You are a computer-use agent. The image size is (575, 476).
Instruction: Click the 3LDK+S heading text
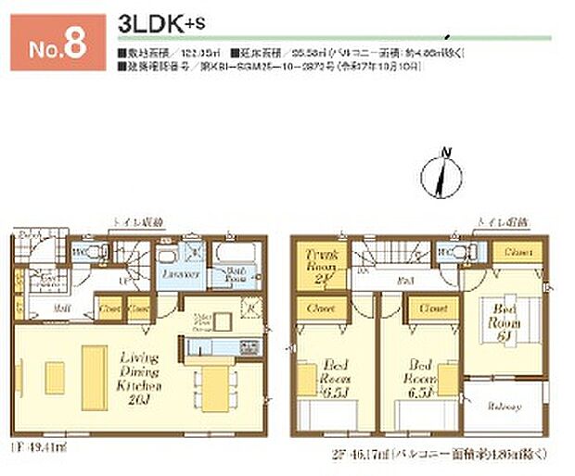coord(156,23)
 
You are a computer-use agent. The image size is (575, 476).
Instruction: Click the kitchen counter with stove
coord(223,347)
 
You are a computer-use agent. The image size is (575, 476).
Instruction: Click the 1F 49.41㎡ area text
coord(37,445)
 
